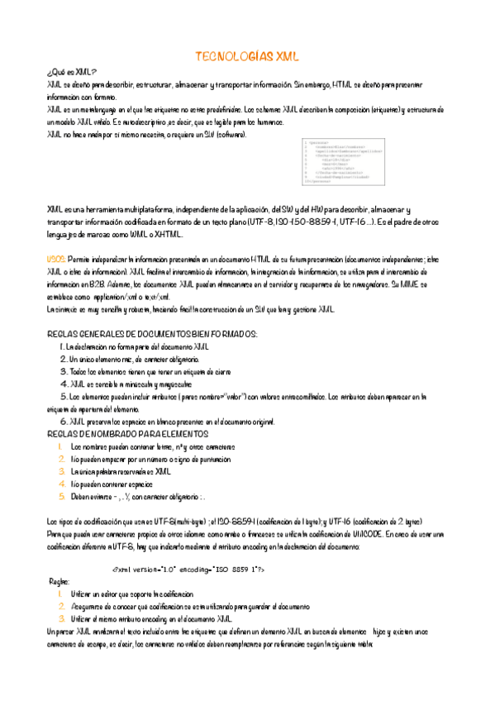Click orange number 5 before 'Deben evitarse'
tap(62, 497)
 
